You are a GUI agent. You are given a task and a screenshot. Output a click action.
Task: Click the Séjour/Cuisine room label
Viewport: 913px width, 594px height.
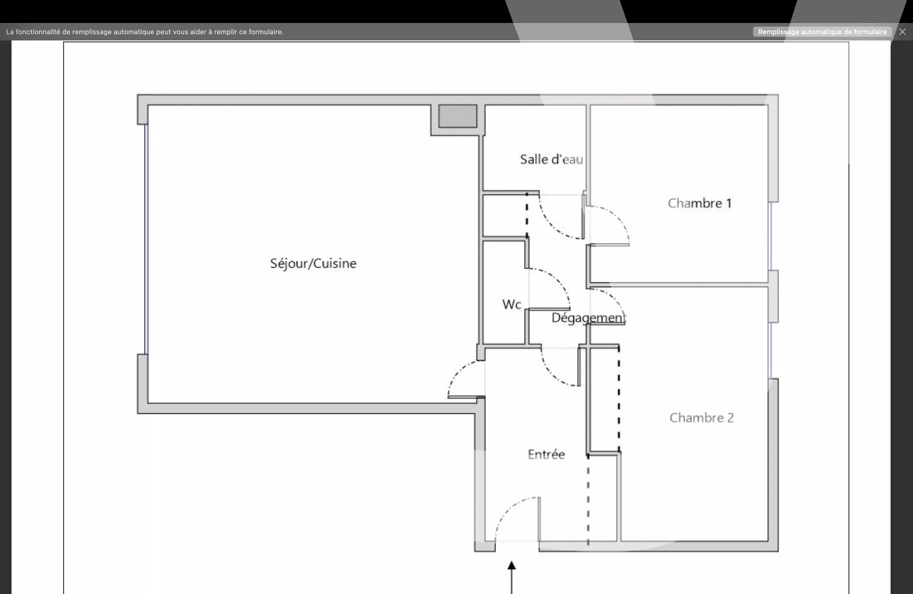pyautogui.click(x=313, y=263)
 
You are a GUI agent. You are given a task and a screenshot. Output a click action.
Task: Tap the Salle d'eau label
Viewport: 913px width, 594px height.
pyautogui.click(x=551, y=159)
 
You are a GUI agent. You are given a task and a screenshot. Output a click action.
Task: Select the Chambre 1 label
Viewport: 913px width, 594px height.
pyautogui.click(x=699, y=203)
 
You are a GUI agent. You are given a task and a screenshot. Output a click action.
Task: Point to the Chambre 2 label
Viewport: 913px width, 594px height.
pyautogui.click(x=701, y=418)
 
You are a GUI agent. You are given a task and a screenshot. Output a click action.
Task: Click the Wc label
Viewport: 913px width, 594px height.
pyautogui.click(x=512, y=304)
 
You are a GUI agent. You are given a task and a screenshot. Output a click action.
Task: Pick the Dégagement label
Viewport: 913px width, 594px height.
pyautogui.click(x=589, y=318)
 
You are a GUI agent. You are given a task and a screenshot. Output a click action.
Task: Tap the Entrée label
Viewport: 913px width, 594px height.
pyautogui.click(x=546, y=454)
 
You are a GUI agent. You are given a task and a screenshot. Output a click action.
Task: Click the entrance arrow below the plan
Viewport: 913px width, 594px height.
pyautogui.click(x=512, y=577)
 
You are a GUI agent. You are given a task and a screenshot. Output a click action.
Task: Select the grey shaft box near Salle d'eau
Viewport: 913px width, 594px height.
pyautogui.click(x=457, y=116)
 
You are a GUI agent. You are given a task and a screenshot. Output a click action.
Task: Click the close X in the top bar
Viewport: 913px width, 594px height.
pyautogui.click(x=902, y=32)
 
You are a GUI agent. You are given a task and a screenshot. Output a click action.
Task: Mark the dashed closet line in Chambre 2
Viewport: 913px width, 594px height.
pyautogui.click(x=619, y=399)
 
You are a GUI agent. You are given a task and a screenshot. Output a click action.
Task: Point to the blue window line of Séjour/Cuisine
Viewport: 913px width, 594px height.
pyautogui.click(x=146, y=239)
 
